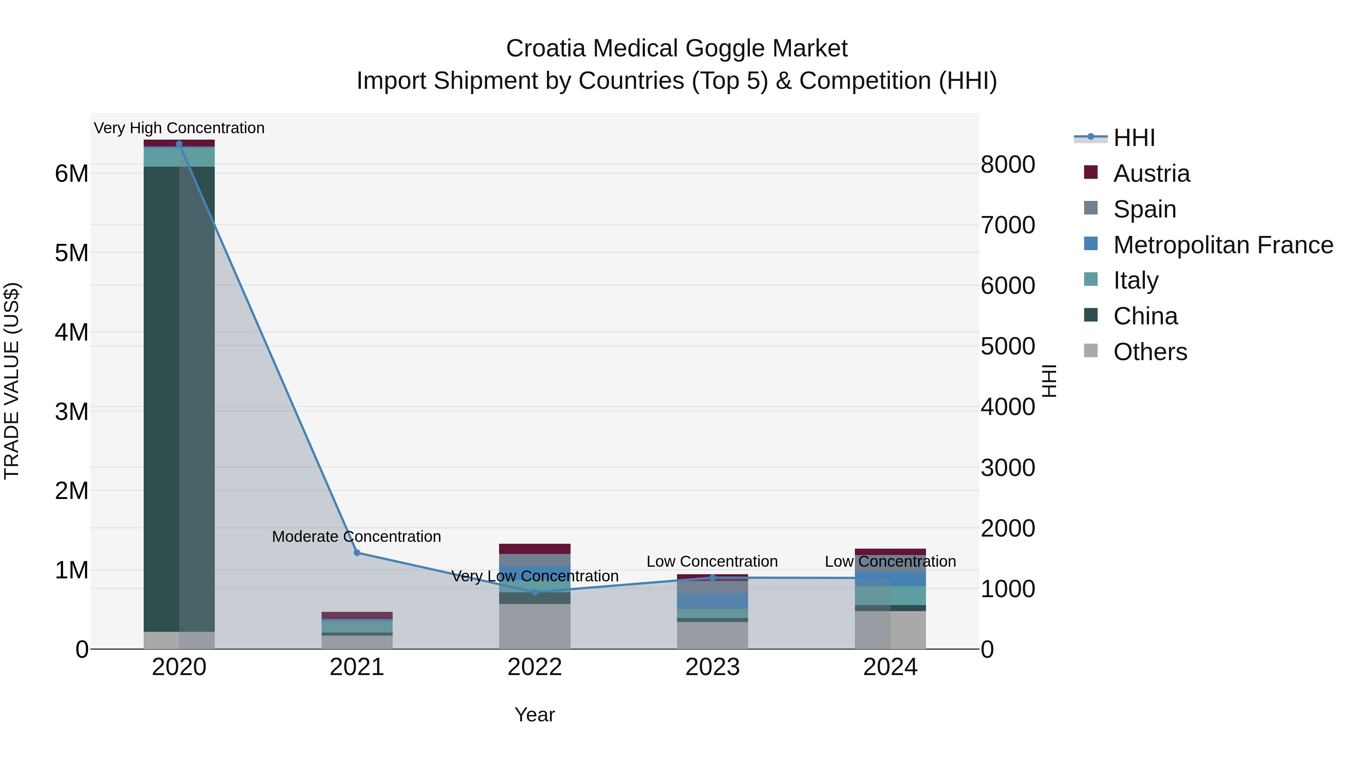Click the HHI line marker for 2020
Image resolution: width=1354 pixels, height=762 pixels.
point(179,144)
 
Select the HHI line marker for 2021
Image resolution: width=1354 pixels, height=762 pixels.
point(357,553)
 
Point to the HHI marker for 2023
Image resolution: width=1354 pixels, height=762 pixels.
point(713,577)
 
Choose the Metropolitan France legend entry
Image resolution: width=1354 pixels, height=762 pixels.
point(1223,245)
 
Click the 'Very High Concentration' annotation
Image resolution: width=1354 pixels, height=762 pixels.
point(179,128)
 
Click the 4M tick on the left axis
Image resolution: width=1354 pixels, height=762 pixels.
point(71,332)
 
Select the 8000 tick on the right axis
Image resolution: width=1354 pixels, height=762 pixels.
point(1008,164)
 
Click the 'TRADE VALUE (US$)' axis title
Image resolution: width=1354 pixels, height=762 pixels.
point(12,381)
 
